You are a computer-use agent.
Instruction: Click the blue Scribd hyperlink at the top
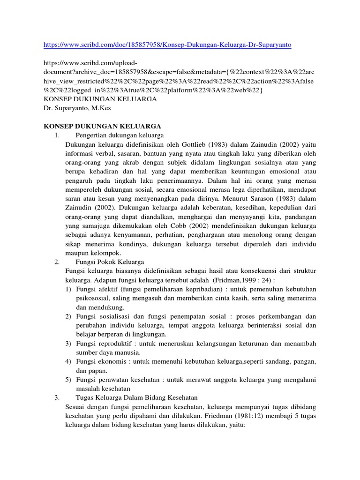(x=167, y=45)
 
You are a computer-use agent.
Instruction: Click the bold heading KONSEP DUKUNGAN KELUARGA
(x=102, y=126)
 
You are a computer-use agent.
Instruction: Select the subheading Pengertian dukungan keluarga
(x=119, y=135)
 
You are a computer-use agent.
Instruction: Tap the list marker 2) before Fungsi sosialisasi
(x=68, y=316)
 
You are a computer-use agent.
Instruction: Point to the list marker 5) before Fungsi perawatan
(x=68, y=379)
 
